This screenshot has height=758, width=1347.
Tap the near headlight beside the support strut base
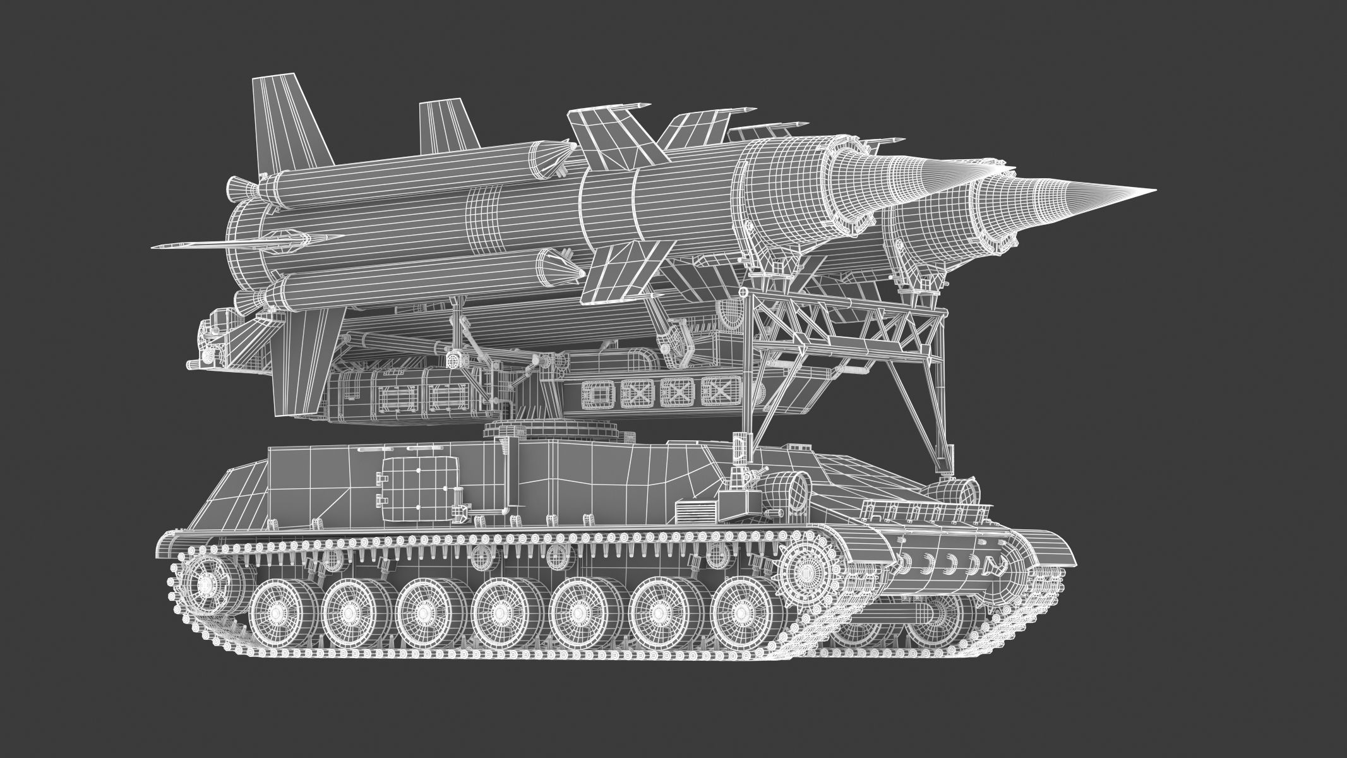(x=787, y=489)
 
